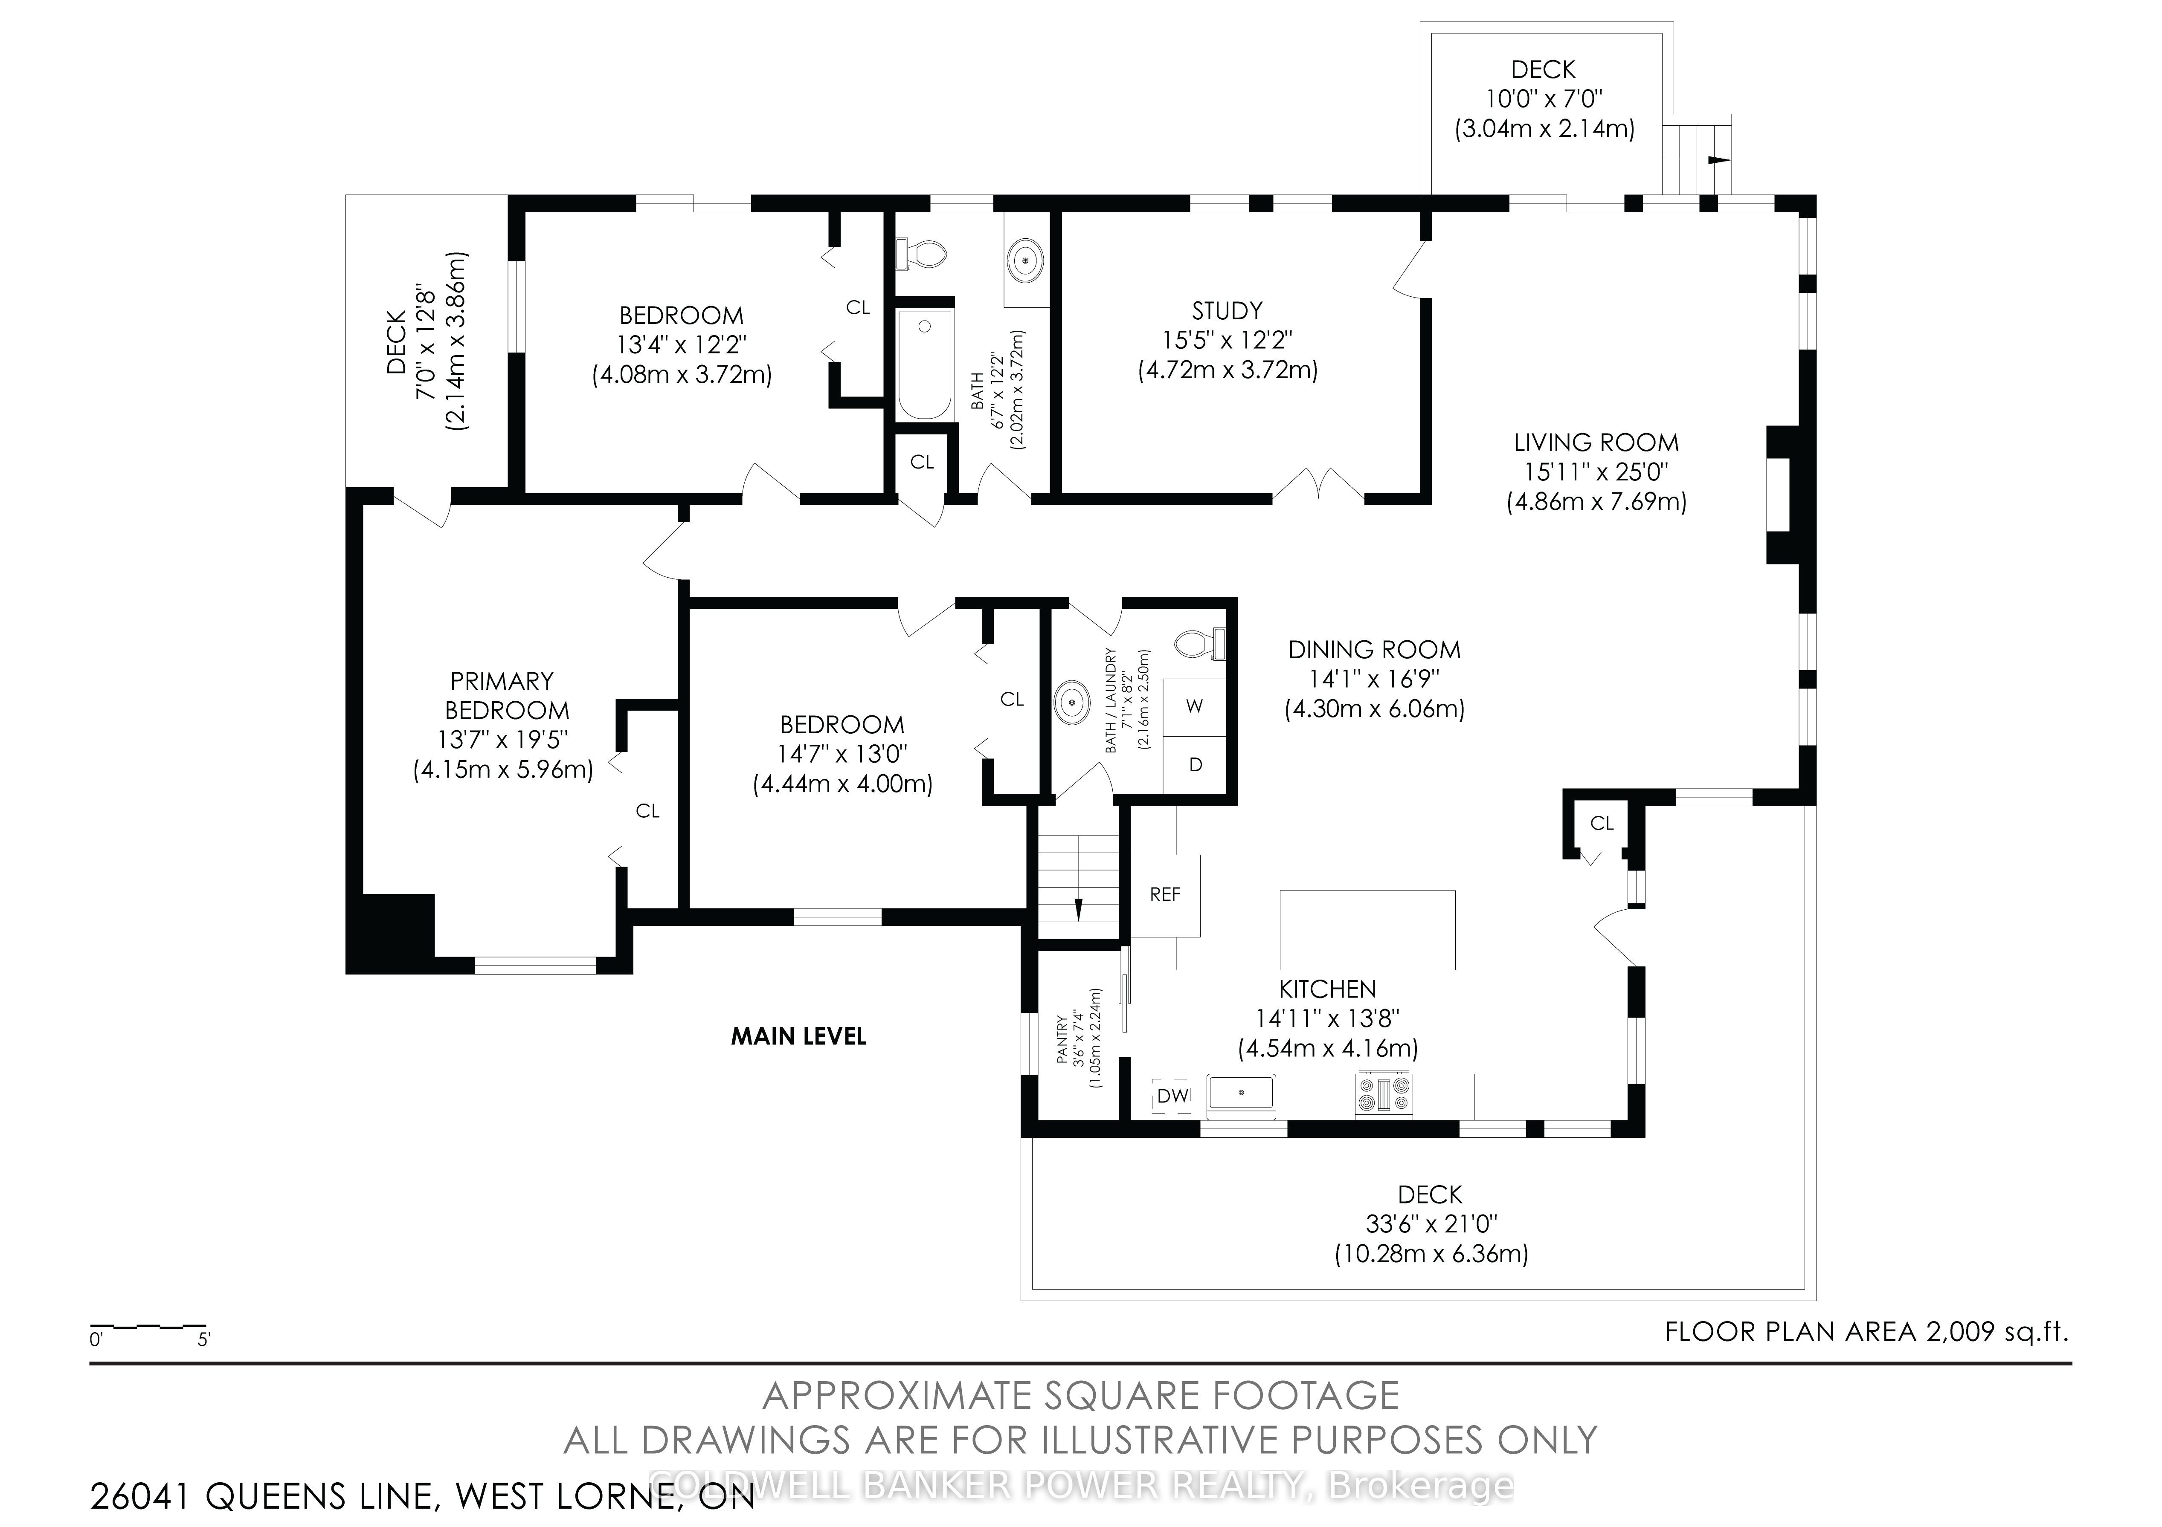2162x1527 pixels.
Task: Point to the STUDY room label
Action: (1227, 311)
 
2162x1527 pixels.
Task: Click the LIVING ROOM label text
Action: (1596, 442)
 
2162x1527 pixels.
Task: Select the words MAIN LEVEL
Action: (798, 1036)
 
